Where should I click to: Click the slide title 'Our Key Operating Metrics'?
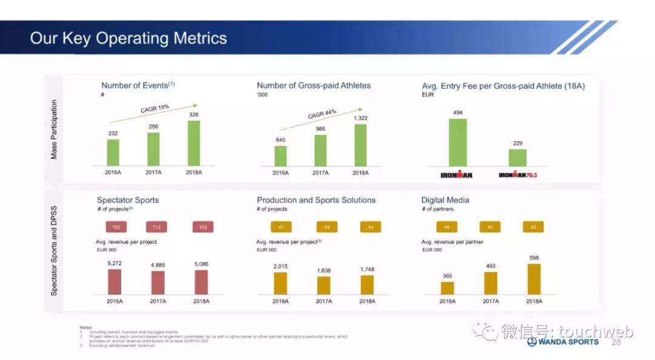pos(129,38)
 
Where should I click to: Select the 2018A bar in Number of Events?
pos(194,143)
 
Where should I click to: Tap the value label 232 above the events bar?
pos(113,134)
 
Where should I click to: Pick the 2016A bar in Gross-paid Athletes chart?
pos(280,156)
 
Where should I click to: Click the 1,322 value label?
pos(361,118)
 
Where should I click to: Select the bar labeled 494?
pos(458,142)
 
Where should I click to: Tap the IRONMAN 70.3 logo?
pos(517,175)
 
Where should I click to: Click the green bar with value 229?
pos(517,158)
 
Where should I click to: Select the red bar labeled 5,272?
pos(114,282)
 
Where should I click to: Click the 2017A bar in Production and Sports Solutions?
pos(324,285)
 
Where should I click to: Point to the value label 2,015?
pos(280,267)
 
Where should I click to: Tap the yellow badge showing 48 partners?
pos(446,227)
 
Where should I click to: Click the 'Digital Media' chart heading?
pos(445,200)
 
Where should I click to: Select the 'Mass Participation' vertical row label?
pos(54,129)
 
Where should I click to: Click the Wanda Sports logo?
pos(562,342)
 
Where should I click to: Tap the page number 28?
pos(616,342)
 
